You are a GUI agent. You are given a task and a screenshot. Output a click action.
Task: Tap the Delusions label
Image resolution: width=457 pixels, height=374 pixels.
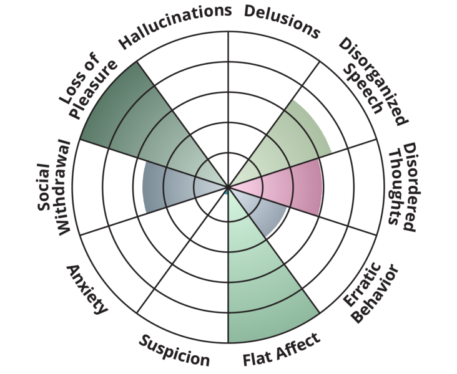point(281,21)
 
